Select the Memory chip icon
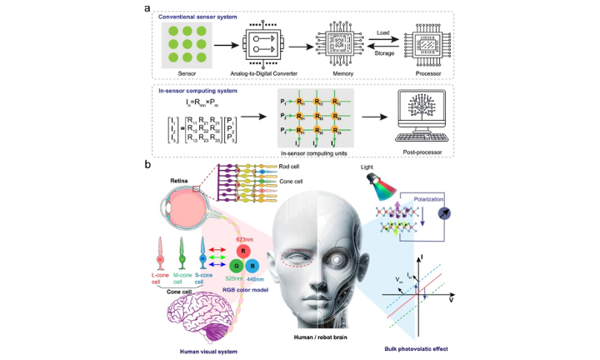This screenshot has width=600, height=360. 336,43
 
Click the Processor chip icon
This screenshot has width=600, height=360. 432,43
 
